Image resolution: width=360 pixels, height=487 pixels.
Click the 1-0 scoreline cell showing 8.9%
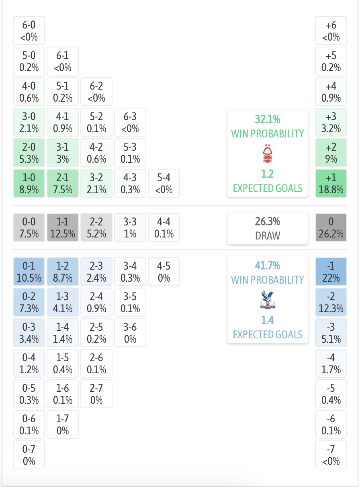(x=29, y=183)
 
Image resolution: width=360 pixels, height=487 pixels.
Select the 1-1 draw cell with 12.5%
(x=63, y=227)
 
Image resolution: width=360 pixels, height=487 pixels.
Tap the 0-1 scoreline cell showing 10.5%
(x=29, y=272)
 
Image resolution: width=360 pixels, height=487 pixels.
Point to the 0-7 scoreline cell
(x=29, y=455)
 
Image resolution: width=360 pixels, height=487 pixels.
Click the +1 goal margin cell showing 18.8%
(x=331, y=183)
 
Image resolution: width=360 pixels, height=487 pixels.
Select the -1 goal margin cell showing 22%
(x=331, y=272)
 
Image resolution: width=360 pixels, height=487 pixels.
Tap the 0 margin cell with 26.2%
(x=331, y=227)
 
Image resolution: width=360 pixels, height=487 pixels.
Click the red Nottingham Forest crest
(x=268, y=153)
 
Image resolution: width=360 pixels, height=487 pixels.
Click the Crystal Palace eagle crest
(x=268, y=300)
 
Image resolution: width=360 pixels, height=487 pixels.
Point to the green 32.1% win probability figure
(x=268, y=119)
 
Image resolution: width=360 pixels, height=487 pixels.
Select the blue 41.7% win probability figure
(x=268, y=266)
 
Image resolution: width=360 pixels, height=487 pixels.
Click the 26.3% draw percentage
(x=268, y=221)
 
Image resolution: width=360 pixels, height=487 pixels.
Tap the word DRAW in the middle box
(x=268, y=235)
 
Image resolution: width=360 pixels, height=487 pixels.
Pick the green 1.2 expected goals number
(x=268, y=174)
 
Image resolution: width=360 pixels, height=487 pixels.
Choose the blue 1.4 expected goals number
(x=268, y=320)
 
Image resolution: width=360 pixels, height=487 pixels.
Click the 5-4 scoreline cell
(x=164, y=183)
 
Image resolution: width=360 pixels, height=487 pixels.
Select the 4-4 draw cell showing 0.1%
(x=164, y=227)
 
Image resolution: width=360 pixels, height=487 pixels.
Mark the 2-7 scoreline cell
(x=96, y=394)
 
